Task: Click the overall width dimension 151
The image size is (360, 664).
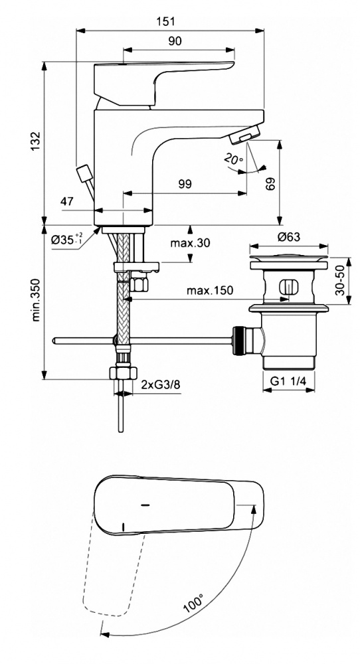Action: [x=167, y=21]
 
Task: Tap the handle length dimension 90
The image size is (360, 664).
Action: [x=175, y=41]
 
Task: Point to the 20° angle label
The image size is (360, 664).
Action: [x=234, y=159]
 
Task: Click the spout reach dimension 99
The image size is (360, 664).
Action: [x=185, y=184]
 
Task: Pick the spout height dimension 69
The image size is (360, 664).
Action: [x=271, y=183]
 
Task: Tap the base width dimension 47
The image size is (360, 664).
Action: [x=67, y=201]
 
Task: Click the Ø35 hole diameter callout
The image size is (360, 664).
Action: [x=67, y=239]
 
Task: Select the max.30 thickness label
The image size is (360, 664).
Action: [x=190, y=243]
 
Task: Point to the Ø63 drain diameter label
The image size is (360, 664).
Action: [x=289, y=237]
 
